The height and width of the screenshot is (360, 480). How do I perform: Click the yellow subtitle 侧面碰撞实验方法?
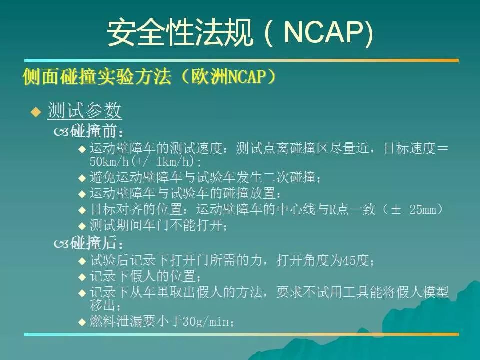coord(97,77)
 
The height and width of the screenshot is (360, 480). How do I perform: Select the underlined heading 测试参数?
coord(85,110)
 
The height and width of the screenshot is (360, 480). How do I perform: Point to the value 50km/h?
coord(109,161)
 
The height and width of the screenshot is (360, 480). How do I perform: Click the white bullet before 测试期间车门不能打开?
coord(82,226)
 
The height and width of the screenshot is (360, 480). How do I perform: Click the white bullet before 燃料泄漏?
coord(82,322)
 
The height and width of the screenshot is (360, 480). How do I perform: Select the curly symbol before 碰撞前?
coord(61,132)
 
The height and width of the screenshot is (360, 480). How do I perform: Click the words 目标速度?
coord(409,149)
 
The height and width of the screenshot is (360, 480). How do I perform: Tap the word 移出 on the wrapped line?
coord(103,305)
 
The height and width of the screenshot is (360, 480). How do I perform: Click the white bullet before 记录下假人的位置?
coord(82,277)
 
